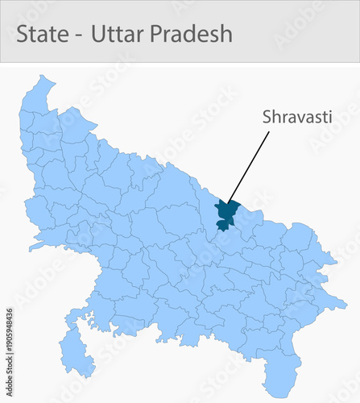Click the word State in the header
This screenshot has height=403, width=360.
click(x=45, y=34)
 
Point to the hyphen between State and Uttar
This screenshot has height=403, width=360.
click(x=81, y=35)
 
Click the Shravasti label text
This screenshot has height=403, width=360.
click(x=297, y=117)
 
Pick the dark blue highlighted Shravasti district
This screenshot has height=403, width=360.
click(x=227, y=212)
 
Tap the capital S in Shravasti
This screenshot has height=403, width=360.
click(x=267, y=117)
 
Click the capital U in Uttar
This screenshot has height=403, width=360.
click(x=100, y=34)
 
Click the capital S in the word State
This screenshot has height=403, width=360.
click(x=23, y=34)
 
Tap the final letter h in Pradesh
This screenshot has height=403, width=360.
click(x=226, y=34)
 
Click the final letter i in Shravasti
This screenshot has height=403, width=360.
click(x=330, y=117)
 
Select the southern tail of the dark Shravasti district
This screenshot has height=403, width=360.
click(x=222, y=227)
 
